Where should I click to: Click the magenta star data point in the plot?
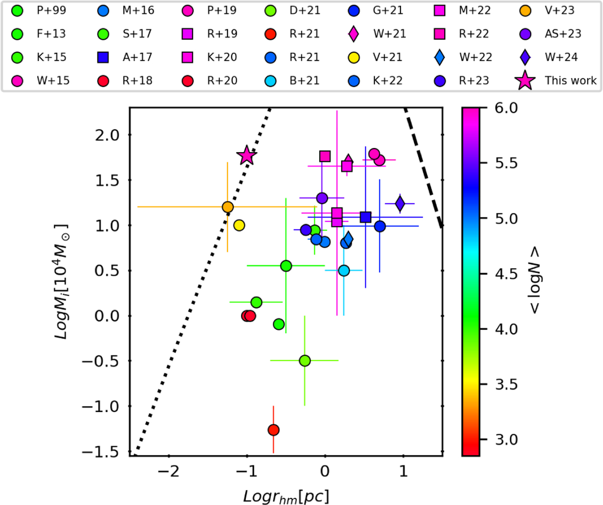coord(247,156)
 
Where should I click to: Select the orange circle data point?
coord(228,207)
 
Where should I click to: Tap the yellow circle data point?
coord(239,225)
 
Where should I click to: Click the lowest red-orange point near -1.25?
coord(273,430)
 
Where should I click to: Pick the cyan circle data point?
coord(344,271)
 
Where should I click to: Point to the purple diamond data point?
coord(400,203)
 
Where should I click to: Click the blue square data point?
coord(366,217)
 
